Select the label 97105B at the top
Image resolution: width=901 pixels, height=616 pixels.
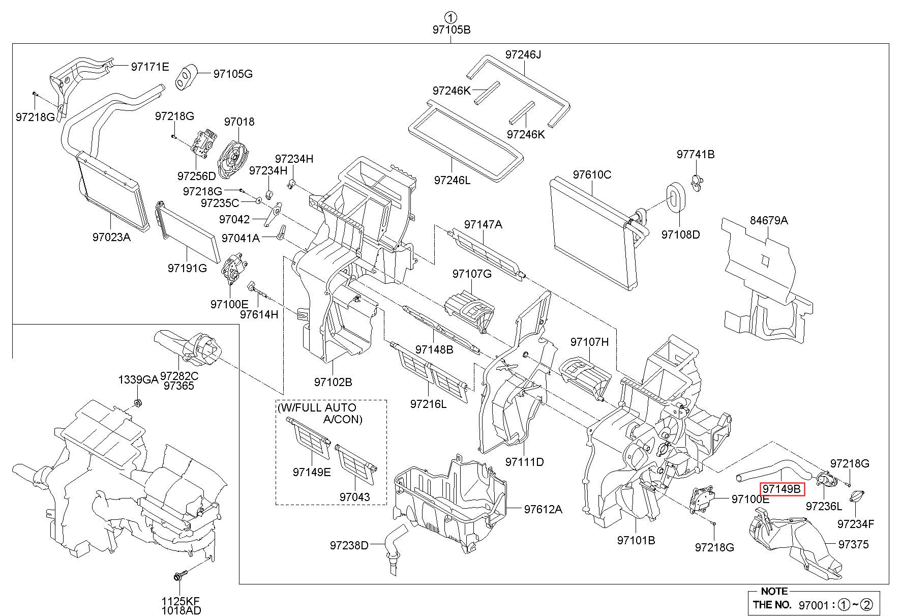coord(452,30)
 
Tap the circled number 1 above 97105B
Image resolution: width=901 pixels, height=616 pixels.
coord(451,16)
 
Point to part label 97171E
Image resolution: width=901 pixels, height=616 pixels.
coord(150,66)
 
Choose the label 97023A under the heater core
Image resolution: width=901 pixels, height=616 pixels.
coord(112,237)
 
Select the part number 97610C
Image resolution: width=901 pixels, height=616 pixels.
coord(592,174)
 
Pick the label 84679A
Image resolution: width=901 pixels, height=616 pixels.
coord(769,220)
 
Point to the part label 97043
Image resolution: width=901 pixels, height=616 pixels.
coord(355,497)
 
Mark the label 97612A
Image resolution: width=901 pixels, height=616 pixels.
coord(543,509)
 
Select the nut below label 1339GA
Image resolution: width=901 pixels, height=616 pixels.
coord(137,404)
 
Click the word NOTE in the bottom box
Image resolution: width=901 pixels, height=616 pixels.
coord(774,591)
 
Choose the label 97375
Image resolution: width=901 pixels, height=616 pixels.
coord(854,544)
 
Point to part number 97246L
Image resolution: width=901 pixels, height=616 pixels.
coord(453,180)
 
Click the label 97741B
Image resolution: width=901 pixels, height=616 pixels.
coord(696,154)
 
